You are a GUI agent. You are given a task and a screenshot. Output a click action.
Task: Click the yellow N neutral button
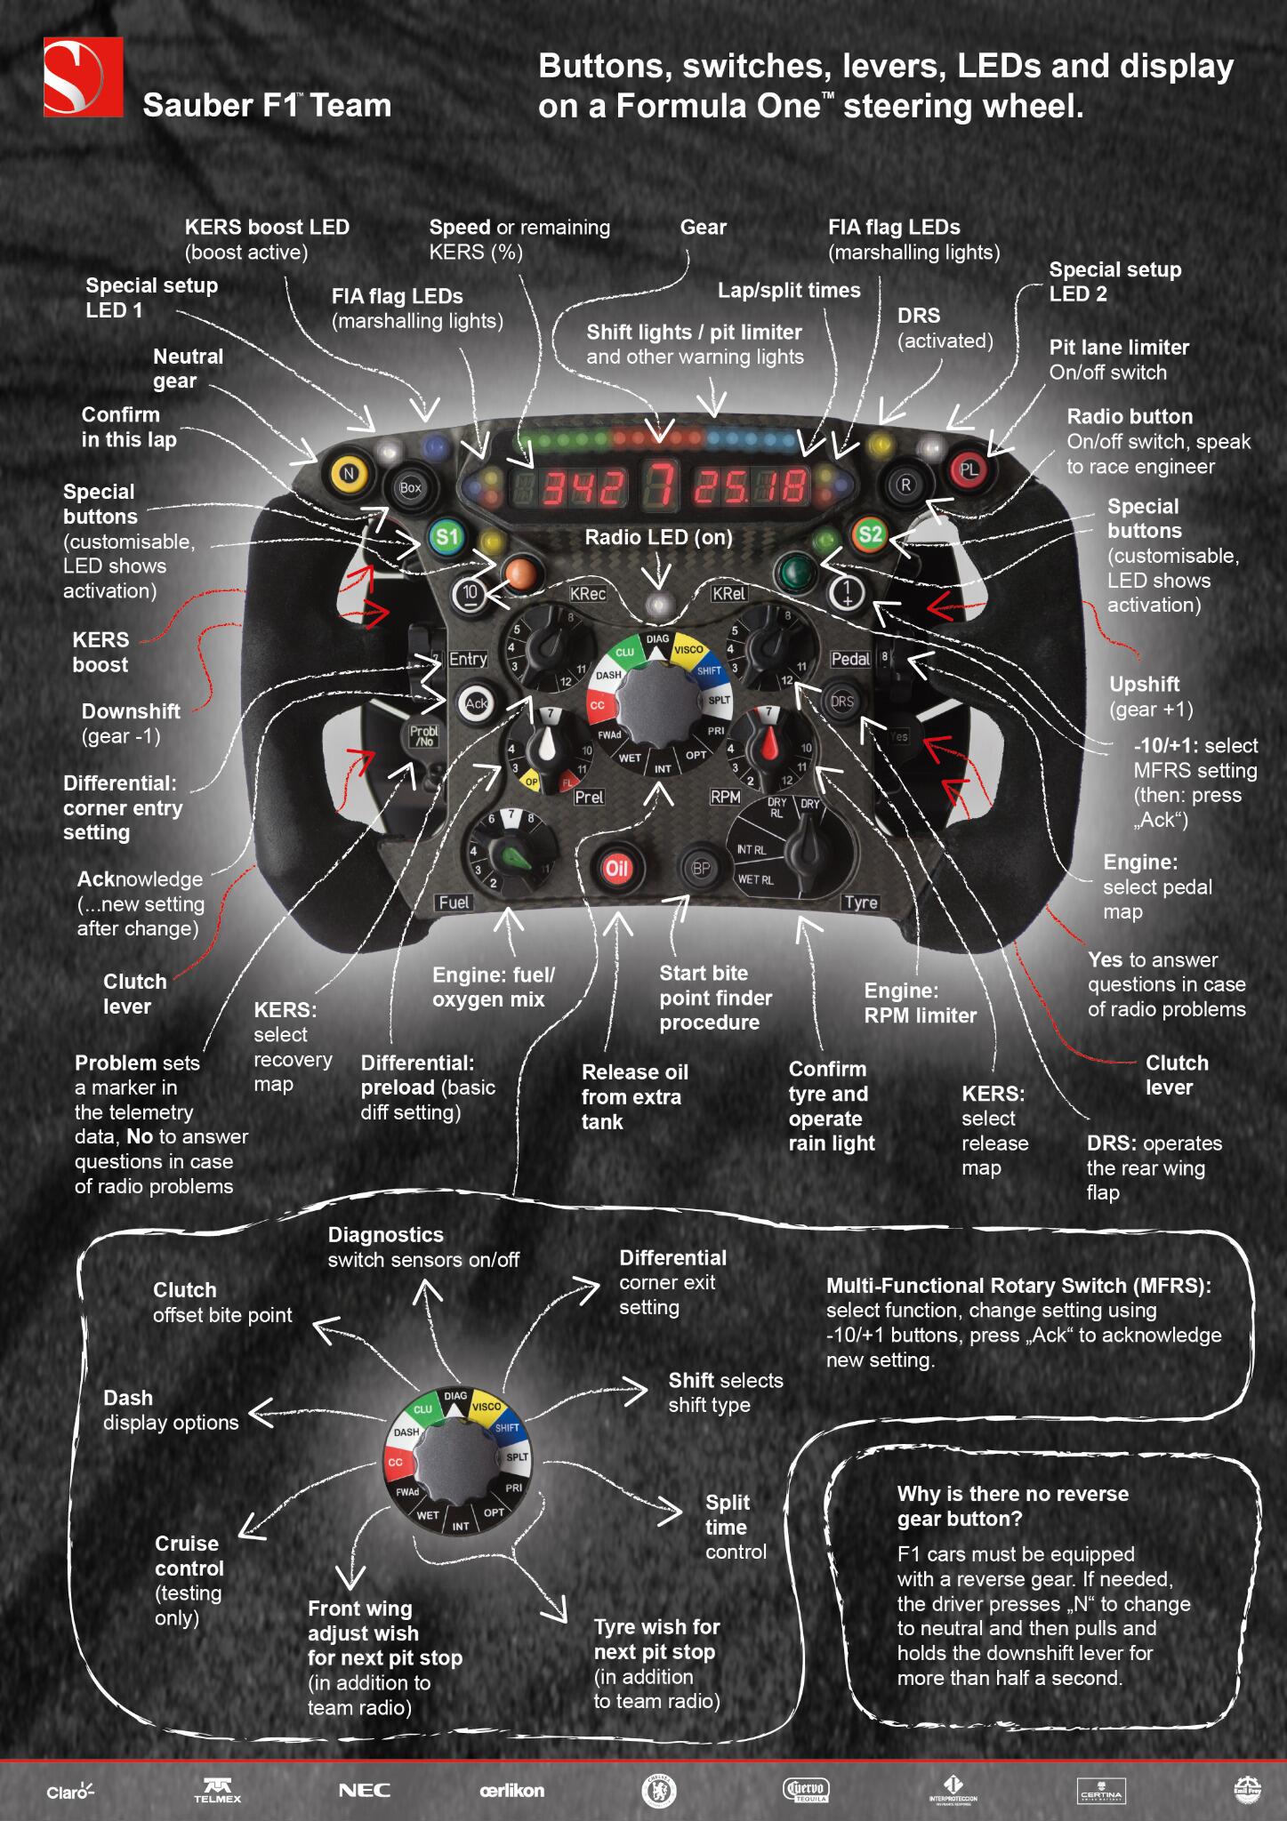point(349,473)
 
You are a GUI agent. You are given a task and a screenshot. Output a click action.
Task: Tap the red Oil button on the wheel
point(616,869)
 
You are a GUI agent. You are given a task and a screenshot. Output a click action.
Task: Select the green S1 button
point(446,536)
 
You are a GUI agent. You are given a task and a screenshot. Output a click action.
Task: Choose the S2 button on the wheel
point(869,533)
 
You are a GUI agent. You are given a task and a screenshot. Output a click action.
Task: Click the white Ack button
point(476,703)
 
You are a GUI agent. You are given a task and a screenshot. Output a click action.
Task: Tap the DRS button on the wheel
point(841,701)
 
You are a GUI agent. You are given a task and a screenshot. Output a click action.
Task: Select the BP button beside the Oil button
point(701,869)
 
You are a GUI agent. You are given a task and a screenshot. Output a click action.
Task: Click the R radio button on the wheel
point(905,485)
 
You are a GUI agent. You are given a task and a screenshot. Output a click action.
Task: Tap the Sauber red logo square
point(84,77)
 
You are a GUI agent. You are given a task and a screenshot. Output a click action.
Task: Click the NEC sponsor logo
point(365,1790)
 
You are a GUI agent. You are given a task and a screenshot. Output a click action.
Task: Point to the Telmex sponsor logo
point(217,1791)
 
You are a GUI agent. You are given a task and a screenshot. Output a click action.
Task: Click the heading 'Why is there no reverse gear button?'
point(1012,1506)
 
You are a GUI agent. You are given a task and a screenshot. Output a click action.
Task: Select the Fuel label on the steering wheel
point(454,902)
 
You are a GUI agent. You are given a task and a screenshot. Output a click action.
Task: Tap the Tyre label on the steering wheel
point(860,902)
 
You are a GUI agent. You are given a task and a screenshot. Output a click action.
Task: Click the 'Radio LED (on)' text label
point(658,537)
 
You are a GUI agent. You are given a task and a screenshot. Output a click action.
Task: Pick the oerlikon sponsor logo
point(511,1790)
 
